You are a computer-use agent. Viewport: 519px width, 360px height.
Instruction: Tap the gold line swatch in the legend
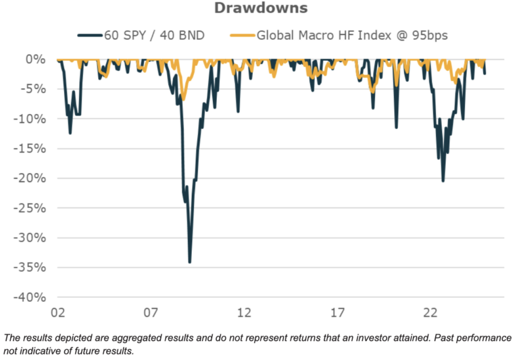[x=243, y=34]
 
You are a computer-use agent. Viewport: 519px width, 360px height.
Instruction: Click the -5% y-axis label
[x=35, y=89]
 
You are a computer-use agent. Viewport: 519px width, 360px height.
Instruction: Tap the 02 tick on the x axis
[x=57, y=313]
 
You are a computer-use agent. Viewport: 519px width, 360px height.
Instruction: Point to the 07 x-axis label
[x=151, y=313]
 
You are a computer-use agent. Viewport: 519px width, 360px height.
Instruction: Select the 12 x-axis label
[x=244, y=313]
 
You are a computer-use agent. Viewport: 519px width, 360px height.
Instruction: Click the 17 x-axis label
[x=337, y=313]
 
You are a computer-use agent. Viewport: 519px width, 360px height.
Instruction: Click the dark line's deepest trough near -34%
[x=190, y=261]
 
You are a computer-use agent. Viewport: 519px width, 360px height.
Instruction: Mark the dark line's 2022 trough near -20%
[x=443, y=180]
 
